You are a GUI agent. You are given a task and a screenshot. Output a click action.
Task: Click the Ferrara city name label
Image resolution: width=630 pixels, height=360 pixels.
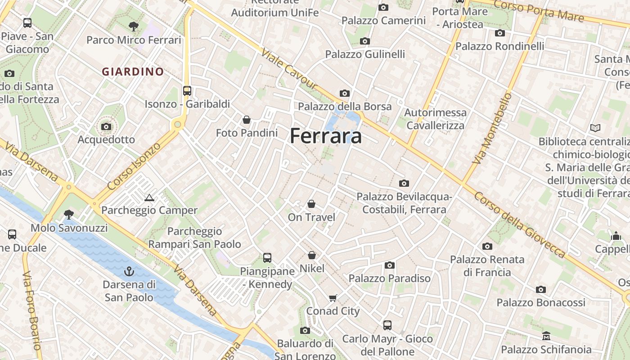pyautogui.click(x=326, y=136)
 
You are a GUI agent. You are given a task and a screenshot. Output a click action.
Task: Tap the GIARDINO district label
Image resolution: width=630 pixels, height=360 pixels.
pyautogui.click(x=133, y=72)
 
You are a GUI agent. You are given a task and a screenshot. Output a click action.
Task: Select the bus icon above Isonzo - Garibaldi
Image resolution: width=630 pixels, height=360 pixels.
pyautogui.click(x=187, y=91)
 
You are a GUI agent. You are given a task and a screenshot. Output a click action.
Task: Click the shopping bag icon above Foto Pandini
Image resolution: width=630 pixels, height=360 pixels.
pyautogui.click(x=247, y=120)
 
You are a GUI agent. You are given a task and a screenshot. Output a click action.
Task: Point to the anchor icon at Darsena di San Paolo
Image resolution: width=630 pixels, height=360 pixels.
pyautogui.click(x=129, y=271)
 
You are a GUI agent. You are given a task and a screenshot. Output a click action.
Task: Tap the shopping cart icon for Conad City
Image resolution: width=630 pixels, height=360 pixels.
pyautogui.click(x=333, y=298)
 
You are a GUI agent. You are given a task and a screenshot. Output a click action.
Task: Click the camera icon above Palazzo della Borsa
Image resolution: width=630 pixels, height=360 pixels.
pyautogui.click(x=345, y=94)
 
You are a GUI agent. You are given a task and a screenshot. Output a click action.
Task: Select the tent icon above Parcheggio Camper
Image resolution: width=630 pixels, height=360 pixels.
pyautogui.click(x=149, y=198)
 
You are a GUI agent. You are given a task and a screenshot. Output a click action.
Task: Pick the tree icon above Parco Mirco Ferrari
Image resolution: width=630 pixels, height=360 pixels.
pyautogui.click(x=133, y=27)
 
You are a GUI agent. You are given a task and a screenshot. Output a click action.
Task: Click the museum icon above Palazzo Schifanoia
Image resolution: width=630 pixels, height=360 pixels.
pyautogui.click(x=546, y=336)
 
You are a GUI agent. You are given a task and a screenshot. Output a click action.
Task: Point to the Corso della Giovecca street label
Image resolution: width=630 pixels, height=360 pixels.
pyautogui.click(x=519, y=225)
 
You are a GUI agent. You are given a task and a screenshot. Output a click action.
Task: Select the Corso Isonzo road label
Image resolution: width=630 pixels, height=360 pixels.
pyautogui.click(x=134, y=166)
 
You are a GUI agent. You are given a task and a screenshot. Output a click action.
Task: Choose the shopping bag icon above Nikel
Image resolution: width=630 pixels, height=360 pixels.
pyautogui.click(x=312, y=255)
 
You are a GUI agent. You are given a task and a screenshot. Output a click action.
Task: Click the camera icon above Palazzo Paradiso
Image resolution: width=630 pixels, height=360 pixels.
pyautogui.click(x=390, y=265)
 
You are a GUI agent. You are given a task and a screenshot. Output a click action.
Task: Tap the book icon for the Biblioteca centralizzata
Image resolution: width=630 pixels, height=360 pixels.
pyautogui.click(x=595, y=128)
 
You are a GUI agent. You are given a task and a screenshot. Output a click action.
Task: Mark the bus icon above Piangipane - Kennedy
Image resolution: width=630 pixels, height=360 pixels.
pyautogui.click(x=267, y=258)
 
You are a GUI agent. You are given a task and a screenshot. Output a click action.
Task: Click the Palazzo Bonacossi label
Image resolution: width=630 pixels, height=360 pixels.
pyautogui.click(x=541, y=302)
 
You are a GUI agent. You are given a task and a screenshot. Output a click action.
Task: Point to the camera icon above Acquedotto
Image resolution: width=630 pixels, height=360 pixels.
pyautogui.click(x=106, y=126)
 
